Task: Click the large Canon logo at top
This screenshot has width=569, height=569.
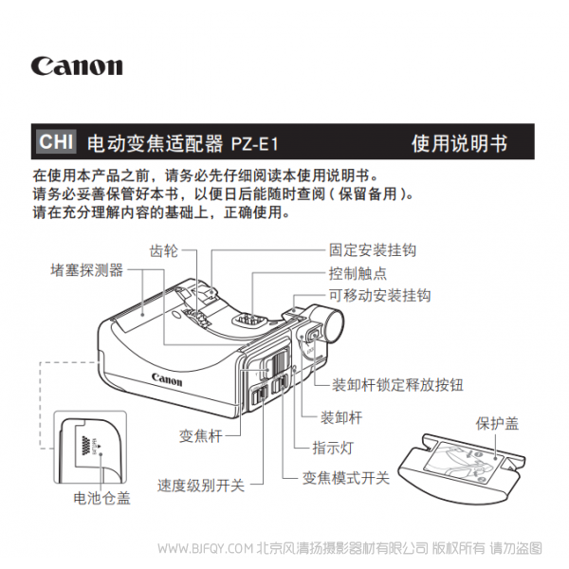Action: [77, 66]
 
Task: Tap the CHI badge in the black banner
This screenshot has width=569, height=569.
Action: [50, 142]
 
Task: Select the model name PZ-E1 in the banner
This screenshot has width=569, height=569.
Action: [254, 144]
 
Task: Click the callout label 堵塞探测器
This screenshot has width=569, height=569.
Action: [87, 270]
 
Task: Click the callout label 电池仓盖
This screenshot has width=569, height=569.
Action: [102, 496]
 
